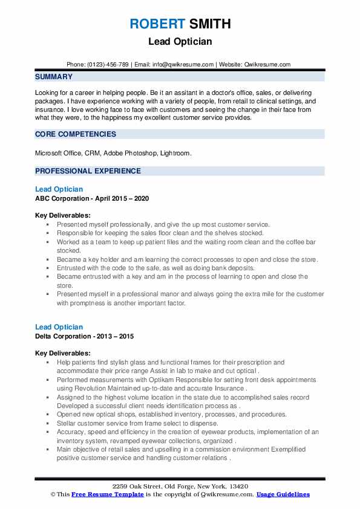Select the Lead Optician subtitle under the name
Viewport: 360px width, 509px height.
pos(180,43)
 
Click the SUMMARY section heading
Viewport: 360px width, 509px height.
pos(54,77)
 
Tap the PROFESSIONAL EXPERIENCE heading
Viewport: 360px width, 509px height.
pos(88,171)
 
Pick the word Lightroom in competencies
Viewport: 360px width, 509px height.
pos(175,154)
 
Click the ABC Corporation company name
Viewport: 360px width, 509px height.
pos(62,198)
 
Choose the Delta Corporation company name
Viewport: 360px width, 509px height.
pos(63,336)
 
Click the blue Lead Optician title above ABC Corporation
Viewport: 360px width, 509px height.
pos(59,189)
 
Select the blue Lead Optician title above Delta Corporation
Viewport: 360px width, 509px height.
pos(59,327)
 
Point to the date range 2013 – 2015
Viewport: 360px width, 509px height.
pos(117,336)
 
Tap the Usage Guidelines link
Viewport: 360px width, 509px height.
pos(283,494)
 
